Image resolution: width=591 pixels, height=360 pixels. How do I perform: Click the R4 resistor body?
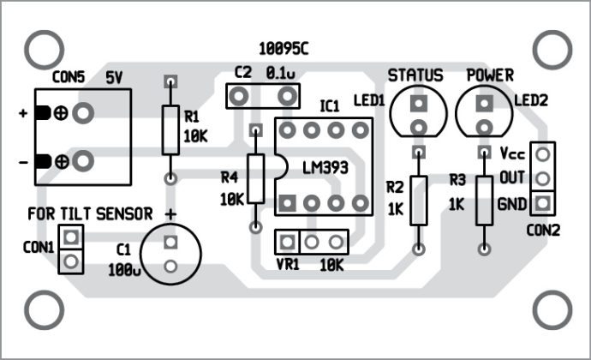[254, 179]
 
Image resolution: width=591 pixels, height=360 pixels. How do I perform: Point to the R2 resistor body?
[418, 200]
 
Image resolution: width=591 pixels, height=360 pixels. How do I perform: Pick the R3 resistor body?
[485, 200]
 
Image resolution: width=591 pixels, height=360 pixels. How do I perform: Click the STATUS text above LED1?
[415, 75]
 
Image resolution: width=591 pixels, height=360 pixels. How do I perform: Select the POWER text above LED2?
[489, 75]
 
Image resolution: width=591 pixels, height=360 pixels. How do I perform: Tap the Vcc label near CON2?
[511, 155]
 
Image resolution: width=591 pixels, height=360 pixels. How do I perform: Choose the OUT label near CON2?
[511, 179]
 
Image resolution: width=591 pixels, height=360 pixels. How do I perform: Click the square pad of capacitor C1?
[170, 243]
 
